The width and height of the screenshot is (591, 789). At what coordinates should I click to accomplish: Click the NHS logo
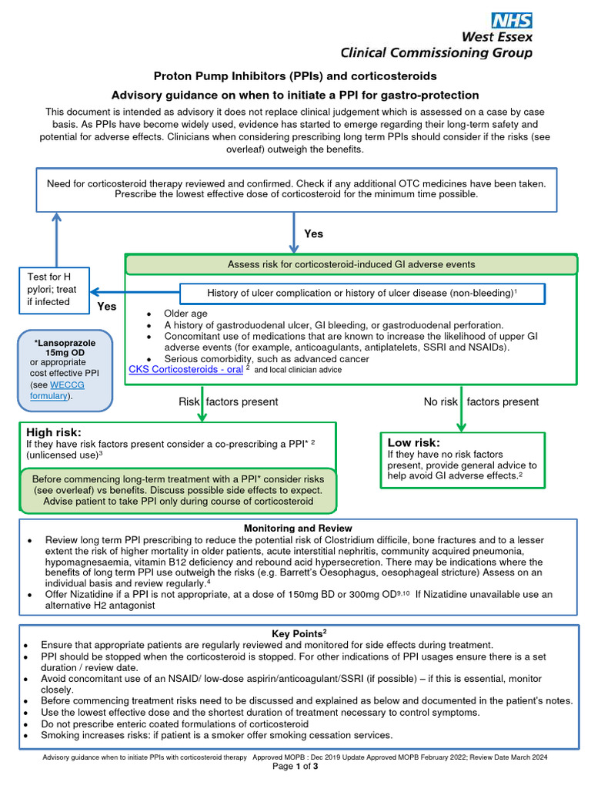coord(511,21)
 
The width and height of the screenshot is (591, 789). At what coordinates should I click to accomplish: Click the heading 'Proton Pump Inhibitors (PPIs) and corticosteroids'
coord(295,76)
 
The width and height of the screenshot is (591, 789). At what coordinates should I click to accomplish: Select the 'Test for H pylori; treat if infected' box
coord(54,290)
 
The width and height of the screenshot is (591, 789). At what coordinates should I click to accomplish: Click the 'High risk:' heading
coord(53,432)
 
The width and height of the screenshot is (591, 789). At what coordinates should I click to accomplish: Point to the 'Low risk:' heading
coord(414,442)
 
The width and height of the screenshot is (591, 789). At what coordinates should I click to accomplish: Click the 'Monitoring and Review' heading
coord(297,529)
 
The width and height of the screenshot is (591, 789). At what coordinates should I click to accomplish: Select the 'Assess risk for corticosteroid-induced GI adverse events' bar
coord(351,264)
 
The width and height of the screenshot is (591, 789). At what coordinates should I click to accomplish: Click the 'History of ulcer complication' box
coord(362,293)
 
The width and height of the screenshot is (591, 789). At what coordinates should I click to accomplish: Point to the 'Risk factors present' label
coord(228,401)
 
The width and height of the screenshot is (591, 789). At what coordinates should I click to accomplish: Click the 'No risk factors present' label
coord(481,401)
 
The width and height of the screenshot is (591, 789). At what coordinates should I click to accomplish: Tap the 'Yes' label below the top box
coord(314,233)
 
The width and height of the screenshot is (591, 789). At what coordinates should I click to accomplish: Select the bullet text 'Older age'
coord(185,314)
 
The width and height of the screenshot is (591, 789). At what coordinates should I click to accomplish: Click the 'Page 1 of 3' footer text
coord(296,767)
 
